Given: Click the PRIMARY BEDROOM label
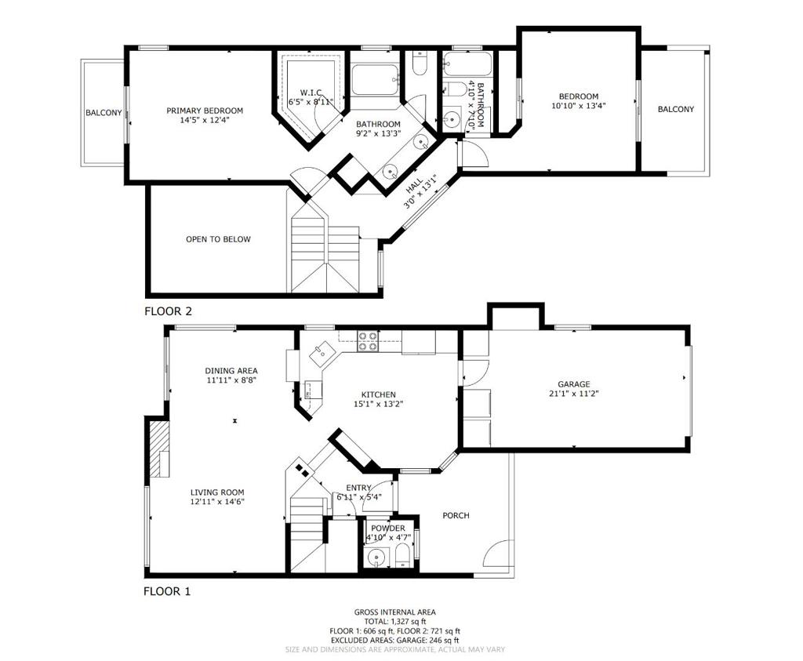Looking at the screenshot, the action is pyautogui.click(x=205, y=111).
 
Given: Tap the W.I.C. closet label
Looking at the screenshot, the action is pyautogui.click(x=311, y=93).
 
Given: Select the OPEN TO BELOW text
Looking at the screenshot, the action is pyautogui.click(x=218, y=239).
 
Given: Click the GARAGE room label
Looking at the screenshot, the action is pyautogui.click(x=573, y=384).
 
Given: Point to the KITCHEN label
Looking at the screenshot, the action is pyautogui.click(x=379, y=394).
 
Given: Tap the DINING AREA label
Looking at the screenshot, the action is pyautogui.click(x=231, y=371).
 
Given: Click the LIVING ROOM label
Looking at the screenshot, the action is pyautogui.click(x=217, y=492).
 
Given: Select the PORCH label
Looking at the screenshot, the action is pyautogui.click(x=456, y=516).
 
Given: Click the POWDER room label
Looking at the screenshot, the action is pyautogui.click(x=387, y=528).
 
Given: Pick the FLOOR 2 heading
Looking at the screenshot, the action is pyautogui.click(x=168, y=311).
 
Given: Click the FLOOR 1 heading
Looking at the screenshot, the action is pyautogui.click(x=166, y=591).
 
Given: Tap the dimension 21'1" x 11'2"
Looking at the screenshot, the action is pyautogui.click(x=573, y=394).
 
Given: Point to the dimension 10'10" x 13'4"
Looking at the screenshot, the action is pyautogui.click(x=579, y=106).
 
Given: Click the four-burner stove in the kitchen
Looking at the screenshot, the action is pyautogui.click(x=367, y=342).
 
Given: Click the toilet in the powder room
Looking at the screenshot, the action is pyautogui.click(x=403, y=556).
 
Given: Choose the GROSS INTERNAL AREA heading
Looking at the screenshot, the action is pyautogui.click(x=395, y=612).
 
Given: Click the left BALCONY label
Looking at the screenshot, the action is pyautogui.click(x=104, y=113).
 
